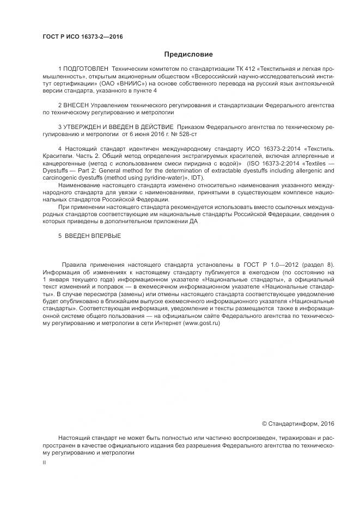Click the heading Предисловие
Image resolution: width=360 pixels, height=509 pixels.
pyautogui.click(x=188, y=54)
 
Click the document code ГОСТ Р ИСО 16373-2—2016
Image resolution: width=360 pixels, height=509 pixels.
pyautogui.click(x=82, y=36)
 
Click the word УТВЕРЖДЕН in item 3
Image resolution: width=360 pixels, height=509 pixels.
pyautogui.click(x=84, y=126)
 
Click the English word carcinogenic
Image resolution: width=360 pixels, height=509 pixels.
pyautogui.click(x=64, y=176)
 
